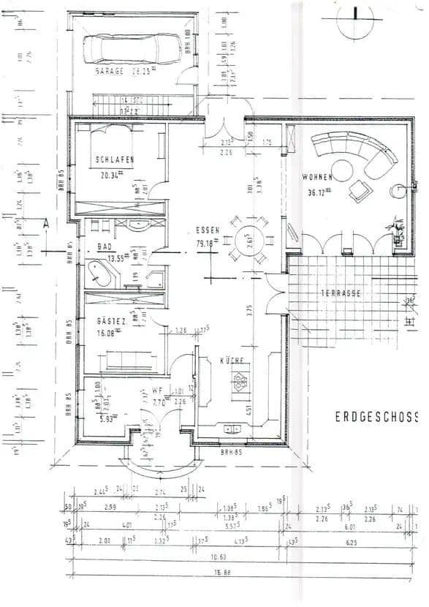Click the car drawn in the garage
tap(132, 50)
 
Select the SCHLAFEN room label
tap(115, 159)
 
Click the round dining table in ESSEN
tap(247, 241)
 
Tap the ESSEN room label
tap(208, 229)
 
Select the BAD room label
tap(105, 247)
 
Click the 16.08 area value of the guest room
tap(110, 333)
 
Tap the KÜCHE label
tap(232, 361)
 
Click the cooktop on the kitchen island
tap(239, 380)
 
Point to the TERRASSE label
tap(340, 293)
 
